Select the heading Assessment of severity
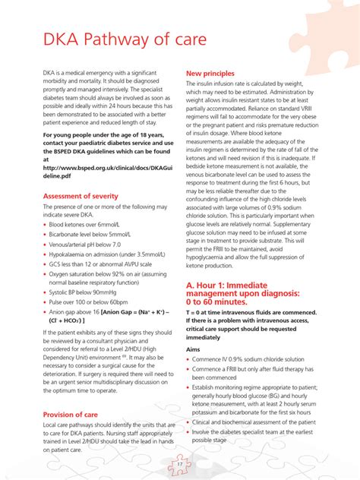pyautogui.click(x=81, y=196)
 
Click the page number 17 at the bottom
pyautogui.click(x=180, y=463)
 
